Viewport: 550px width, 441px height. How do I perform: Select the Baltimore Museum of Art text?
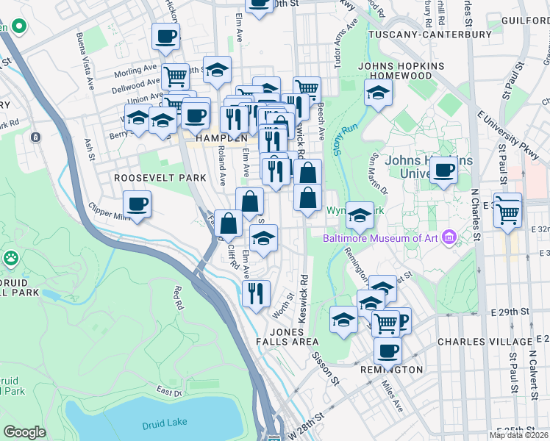(380, 237)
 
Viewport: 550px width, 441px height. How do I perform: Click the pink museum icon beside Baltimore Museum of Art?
(449, 237)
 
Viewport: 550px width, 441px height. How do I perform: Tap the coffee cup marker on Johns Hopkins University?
(444, 171)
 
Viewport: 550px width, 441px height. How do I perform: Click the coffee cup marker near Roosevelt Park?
(137, 203)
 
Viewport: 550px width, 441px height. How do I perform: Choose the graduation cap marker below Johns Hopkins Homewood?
(377, 93)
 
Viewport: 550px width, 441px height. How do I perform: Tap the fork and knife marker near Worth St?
(256, 293)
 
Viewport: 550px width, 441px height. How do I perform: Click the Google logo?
(24, 432)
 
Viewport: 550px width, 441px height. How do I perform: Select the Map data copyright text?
(519, 435)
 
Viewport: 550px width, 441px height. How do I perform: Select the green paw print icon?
(11, 258)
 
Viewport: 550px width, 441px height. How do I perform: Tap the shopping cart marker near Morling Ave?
(175, 75)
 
